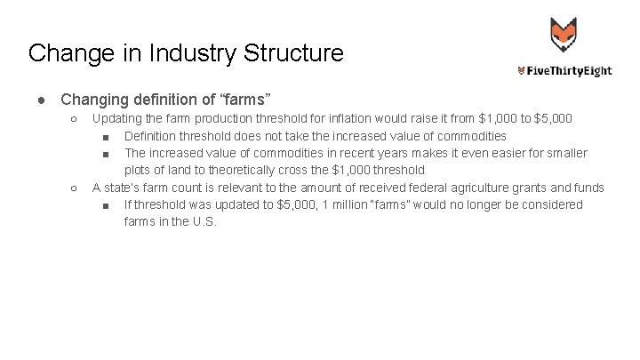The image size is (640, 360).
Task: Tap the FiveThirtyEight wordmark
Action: coord(565,71)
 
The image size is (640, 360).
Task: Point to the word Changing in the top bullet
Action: coord(98,96)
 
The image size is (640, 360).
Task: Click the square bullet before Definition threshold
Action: coord(106,136)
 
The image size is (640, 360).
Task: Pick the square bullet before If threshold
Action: coord(106,205)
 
